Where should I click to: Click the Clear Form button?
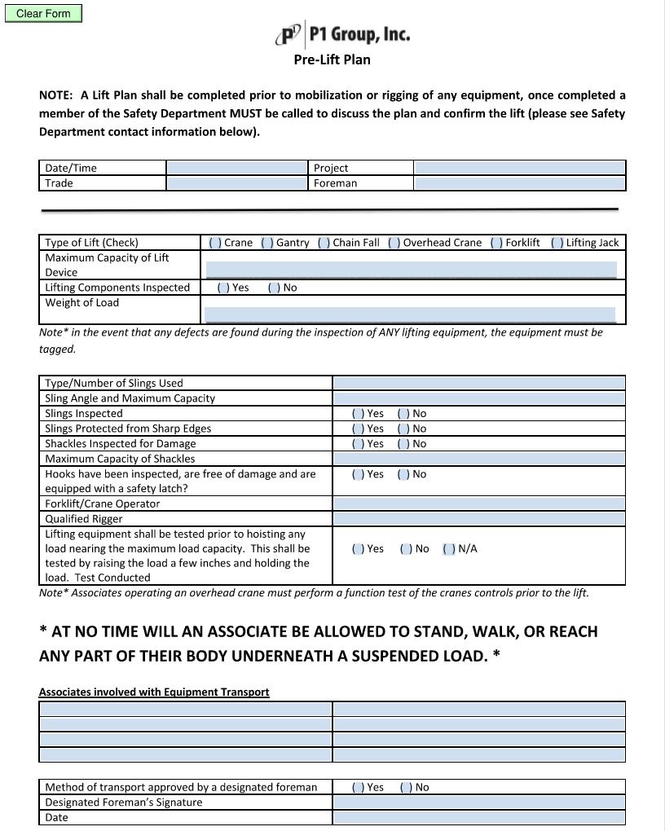[x=43, y=14]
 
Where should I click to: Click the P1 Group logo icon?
[x=289, y=35]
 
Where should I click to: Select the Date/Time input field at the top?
[x=236, y=168]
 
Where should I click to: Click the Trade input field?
[x=236, y=183]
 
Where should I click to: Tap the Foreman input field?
[x=519, y=183]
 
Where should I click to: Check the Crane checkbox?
[x=215, y=243]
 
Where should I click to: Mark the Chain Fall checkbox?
[x=324, y=243]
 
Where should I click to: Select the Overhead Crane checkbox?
[x=394, y=243]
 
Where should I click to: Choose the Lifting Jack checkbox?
[x=557, y=243]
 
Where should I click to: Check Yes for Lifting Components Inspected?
[x=223, y=288]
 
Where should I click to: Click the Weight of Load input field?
[x=410, y=314]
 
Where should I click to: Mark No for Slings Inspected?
[x=403, y=414]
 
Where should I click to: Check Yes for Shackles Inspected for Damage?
[x=359, y=444]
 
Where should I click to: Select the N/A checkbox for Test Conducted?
[x=449, y=549]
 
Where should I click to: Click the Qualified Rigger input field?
[x=478, y=519]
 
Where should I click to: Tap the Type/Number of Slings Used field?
[x=478, y=383]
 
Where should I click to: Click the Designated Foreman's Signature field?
[x=478, y=802]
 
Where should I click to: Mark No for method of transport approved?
[x=406, y=788]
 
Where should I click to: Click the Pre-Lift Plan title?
[x=332, y=59]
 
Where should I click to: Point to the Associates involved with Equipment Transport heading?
[x=154, y=692]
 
